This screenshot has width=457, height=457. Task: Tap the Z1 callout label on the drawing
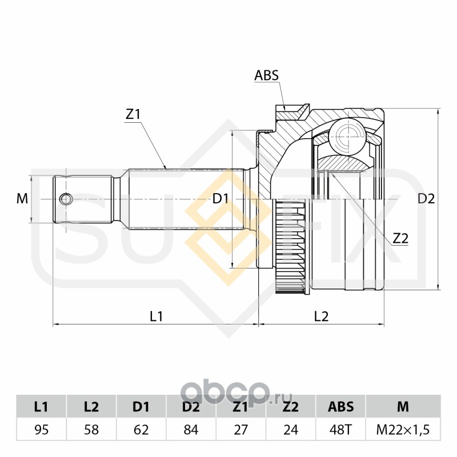[x=133, y=114]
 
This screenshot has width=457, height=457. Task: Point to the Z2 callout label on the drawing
[x=400, y=239]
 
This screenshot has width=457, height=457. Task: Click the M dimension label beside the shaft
[x=22, y=199]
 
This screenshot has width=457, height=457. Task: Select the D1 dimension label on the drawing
[x=221, y=199]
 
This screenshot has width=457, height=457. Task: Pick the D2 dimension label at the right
[x=426, y=199]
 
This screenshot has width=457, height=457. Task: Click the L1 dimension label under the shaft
[x=156, y=315]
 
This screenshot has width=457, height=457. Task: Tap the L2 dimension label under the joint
[x=322, y=315]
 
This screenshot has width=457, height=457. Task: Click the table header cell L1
[x=41, y=407]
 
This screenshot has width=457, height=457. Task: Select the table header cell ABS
[x=341, y=407]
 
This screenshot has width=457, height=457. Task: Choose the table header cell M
[x=403, y=407]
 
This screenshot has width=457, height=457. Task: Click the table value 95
[x=41, y=430]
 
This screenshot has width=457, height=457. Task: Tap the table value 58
[x=91, y=430]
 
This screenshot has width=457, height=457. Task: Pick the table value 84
[x=191, y=430]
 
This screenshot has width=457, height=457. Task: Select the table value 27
[x=240, y=430]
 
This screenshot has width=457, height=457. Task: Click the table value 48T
[x=341, y=430]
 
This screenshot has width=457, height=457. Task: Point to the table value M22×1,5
[x=403, y=430]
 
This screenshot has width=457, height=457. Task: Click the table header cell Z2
[x=291, y=407]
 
